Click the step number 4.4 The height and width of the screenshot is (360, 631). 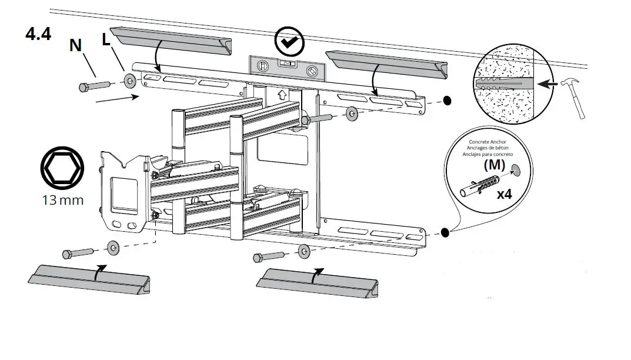pos(38,34)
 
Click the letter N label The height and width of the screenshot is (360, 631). pos(76,46)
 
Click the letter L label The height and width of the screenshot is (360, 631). pos(106,41)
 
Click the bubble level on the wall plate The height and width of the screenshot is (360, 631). pos(286,68)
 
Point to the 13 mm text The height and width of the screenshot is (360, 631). pos(62,201)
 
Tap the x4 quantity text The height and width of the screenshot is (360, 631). pos(504,194)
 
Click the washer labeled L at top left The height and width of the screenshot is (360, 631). pos(128,81)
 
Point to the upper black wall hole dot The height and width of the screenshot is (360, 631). pos(447,101)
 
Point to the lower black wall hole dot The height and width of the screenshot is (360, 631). pos(445,233)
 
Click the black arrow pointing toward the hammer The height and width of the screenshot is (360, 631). pos(549,84)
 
